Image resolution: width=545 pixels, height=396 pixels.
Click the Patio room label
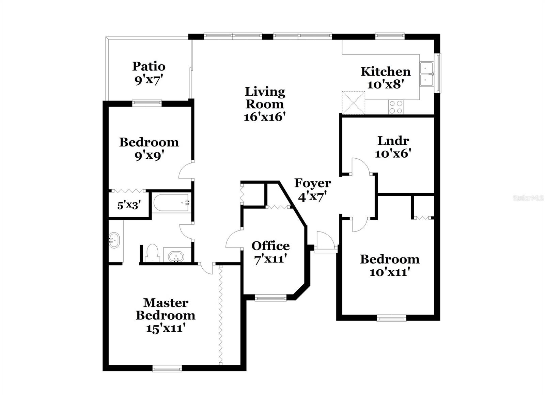click(149, 66)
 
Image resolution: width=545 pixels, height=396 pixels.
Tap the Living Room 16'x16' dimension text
click(264, 117)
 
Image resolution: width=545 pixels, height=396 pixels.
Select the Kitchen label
click(386, 72)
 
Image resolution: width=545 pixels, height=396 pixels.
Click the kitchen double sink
click(426, 74)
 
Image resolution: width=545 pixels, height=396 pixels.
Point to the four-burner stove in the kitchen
click(396, 107)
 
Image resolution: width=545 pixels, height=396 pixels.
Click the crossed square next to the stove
click(353, 102)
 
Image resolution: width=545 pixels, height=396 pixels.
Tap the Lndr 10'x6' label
click(393, 147)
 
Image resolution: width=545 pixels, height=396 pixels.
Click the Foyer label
click(312, 183)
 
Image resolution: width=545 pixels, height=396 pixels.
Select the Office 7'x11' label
click(270, 252)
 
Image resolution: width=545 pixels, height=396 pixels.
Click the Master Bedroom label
click(166, 309)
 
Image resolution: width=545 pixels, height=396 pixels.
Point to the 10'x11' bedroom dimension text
click(389, 272)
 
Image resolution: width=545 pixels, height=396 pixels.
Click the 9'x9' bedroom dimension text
click(149, 156)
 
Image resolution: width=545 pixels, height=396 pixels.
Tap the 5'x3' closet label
click(129, 205)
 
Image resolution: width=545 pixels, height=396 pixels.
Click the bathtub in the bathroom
click(171, 203)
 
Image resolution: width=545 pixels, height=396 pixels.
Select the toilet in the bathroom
click(152, 253)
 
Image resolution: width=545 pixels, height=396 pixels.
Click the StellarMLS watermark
click(528, 198)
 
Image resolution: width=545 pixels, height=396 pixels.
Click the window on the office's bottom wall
click(271, 299)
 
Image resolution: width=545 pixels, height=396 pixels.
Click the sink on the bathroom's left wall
click(114, 240)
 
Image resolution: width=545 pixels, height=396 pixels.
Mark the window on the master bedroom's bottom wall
click(167, 368)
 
